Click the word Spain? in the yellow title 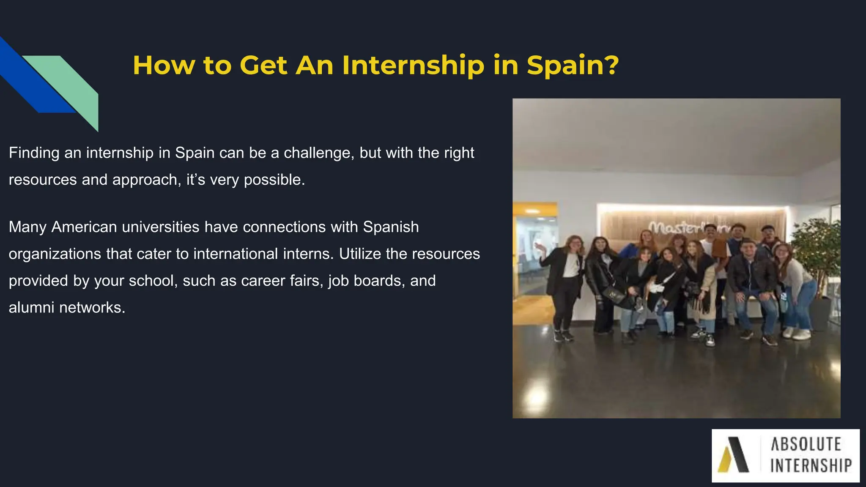(573, 66)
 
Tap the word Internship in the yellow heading (413, 66)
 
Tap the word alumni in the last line (31, 308)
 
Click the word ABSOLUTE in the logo (806, 444)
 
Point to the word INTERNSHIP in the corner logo (811, 466)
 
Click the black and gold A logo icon (734, 454)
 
